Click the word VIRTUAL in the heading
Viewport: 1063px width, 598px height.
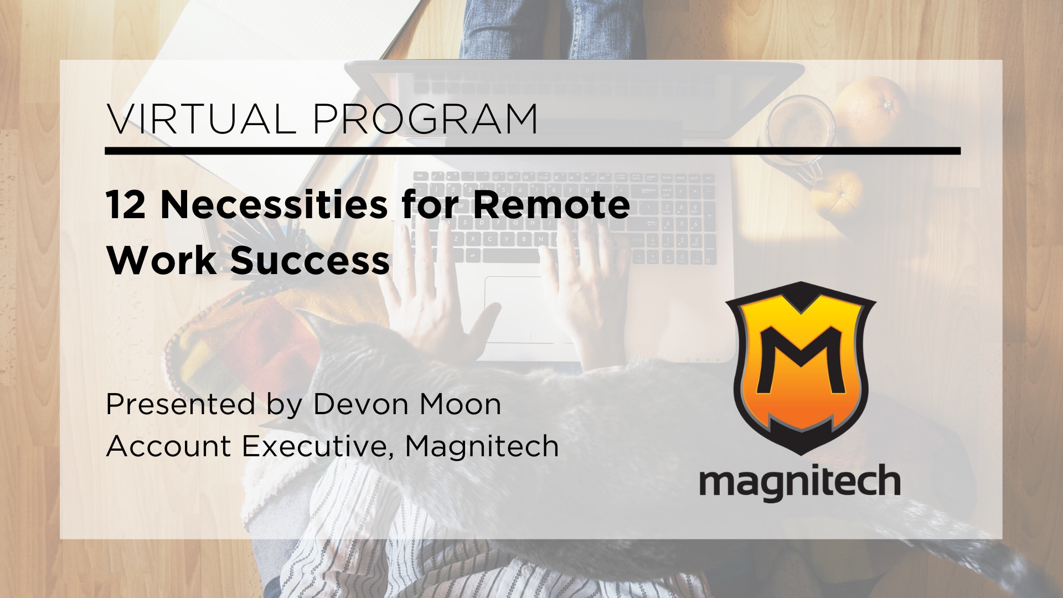pos(201,118)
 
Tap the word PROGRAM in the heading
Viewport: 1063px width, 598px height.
pos(425,118)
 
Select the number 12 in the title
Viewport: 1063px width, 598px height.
pos(126,205)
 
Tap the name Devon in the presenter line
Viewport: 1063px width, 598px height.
pos(361,404)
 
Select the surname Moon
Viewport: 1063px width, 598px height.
pos(461,404)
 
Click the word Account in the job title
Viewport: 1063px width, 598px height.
pos(168,446)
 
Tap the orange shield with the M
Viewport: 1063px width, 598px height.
pos(801,368)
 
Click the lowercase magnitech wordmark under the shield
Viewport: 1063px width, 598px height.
pos(800,482)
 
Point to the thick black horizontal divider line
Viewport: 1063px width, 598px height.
pos(533,151)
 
